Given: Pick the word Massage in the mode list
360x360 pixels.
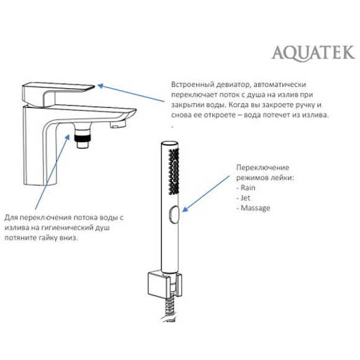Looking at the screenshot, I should click(x=255, y=208).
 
